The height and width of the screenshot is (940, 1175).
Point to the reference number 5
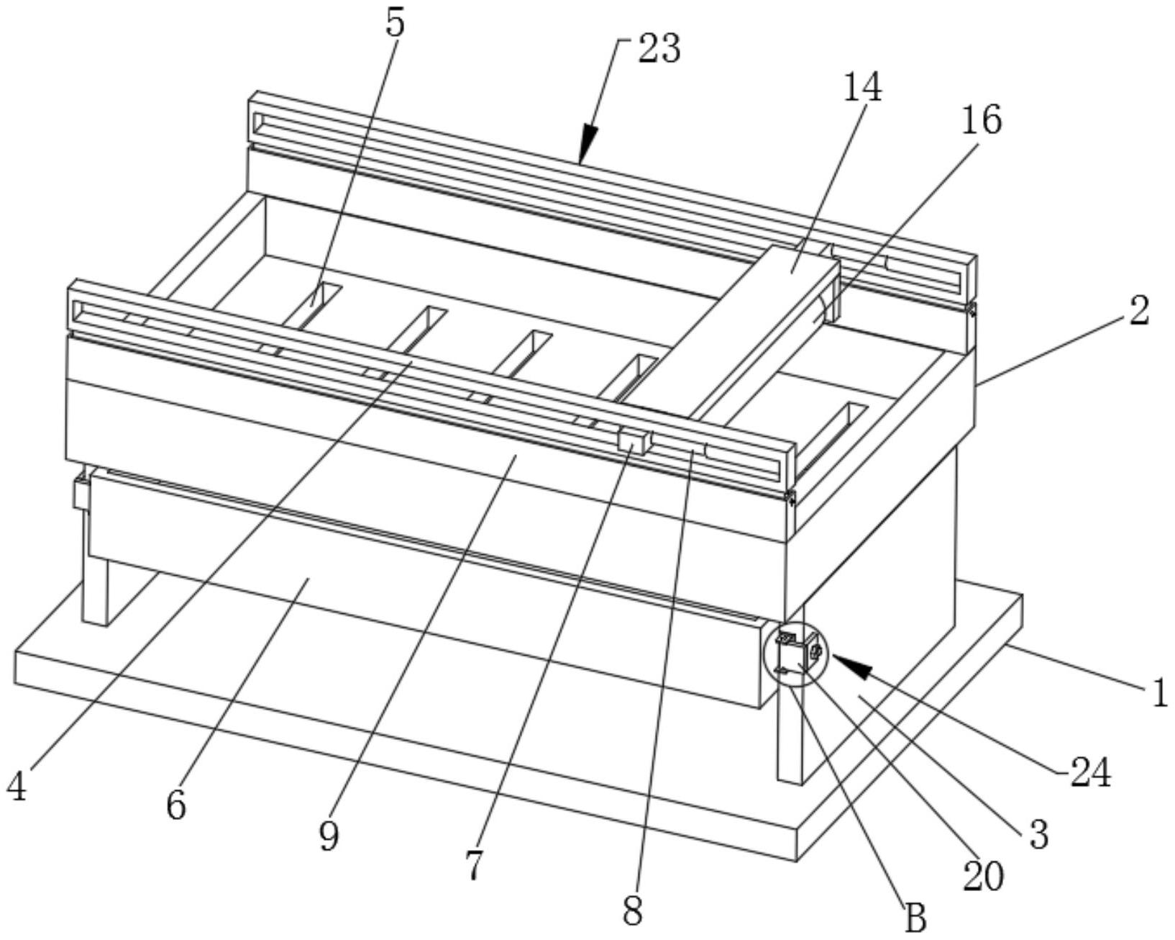click(x=395, y=23)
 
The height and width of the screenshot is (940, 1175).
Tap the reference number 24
click(x=1091, y=774)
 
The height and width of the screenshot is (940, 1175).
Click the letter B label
click(x=915, y=918)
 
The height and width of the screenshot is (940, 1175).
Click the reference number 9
click(x=329, y=836)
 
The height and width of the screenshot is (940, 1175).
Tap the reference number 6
click(x=176, y=805)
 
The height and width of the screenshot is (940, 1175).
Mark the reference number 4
click(x=17, y=787)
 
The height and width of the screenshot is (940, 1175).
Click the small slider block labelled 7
click(x=634, y=441)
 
